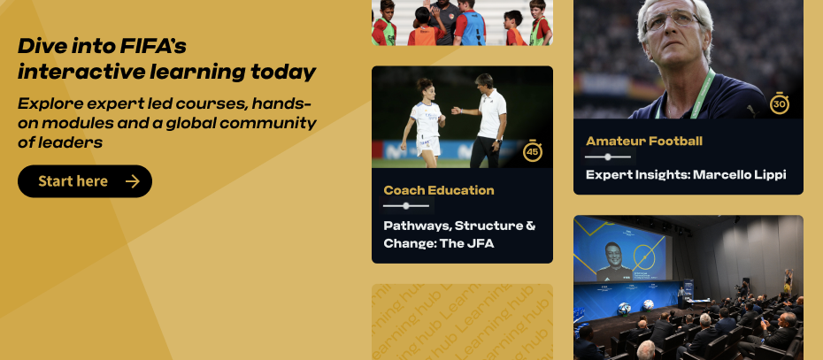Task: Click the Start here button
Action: [84, 181]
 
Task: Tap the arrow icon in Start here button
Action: [132, 181]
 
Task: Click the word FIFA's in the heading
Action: [153, 47]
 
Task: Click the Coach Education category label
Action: [439, 190]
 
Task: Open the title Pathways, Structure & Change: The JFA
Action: [459, 234]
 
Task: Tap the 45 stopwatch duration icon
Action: [532, 151]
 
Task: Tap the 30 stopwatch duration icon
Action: [780, 103]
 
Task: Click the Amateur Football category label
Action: [644, 141]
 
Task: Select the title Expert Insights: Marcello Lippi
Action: [686, 175]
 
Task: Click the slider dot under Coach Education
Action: [405, 206]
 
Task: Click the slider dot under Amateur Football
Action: [608, 157]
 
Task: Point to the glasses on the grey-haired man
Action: [673, 21]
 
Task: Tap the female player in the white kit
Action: [424, 123]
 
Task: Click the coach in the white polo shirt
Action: [486, 120]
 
